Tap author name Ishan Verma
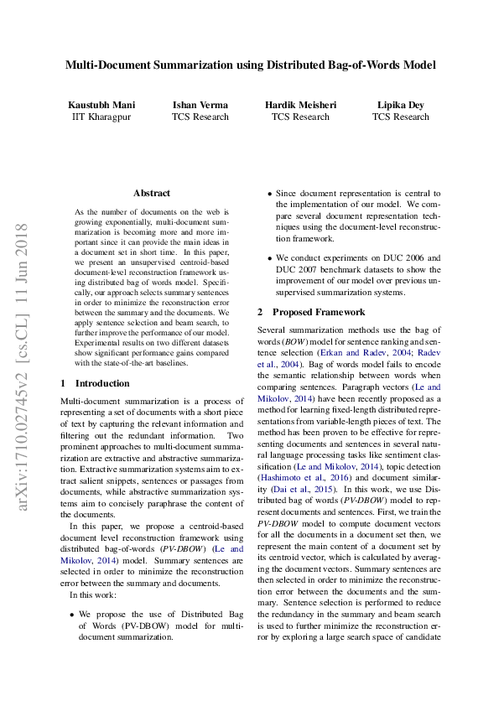(x=200, y=105)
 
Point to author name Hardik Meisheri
(x=300, y=105)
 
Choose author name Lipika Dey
(x=400, y=105)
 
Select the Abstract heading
(x=151, y=193)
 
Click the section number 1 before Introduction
(x=64, y=383)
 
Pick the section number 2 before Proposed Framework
(x=260, y=313)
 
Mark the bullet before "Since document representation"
(x=268, y=194)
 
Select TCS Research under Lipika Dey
(x=400, y=117)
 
